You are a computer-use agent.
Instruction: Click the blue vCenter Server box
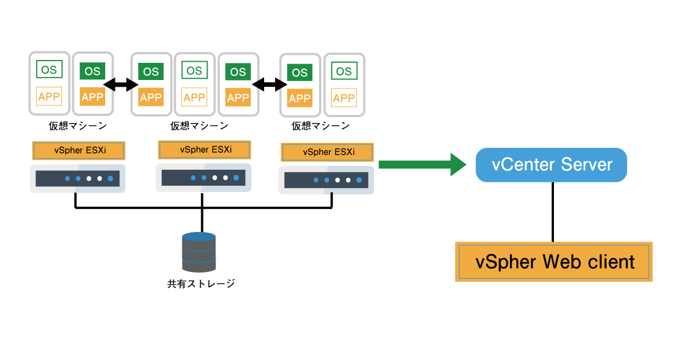pyautogui.click(x=552, y=165)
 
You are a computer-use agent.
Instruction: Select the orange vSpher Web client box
pyautogui.click(x=554, y=262)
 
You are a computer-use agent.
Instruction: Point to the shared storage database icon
pyautogui.click(x=199, y=252)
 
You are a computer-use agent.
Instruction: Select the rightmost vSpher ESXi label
pyautogui.click(x=328, y=152)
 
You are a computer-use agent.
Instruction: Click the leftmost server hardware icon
pyautogui.click(x=78, y=178)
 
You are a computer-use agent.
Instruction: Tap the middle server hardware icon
pyautogui.click(x=204, y=177)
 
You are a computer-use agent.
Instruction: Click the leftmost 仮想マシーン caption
pyautogui.click(x=78, y=126)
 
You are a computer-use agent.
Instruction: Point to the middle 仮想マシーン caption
pyautogui.click(x=200, y=126)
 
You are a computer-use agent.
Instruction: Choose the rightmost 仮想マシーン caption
pyautogui.click(x=321, y=126)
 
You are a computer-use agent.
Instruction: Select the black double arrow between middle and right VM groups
pyautogui.click(x=269, y=85)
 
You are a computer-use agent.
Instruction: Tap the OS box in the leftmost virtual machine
pyautogui.click(x=49, y=70)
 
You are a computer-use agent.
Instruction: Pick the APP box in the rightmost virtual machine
pyautogui.click(x=344, y=98)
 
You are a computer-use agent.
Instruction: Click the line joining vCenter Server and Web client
pyautogui.click(x=552, y=212)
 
